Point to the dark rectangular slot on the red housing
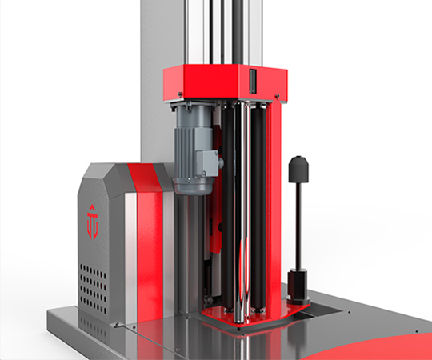(x=251, y=82)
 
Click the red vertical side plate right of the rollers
(x=275, y=208)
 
